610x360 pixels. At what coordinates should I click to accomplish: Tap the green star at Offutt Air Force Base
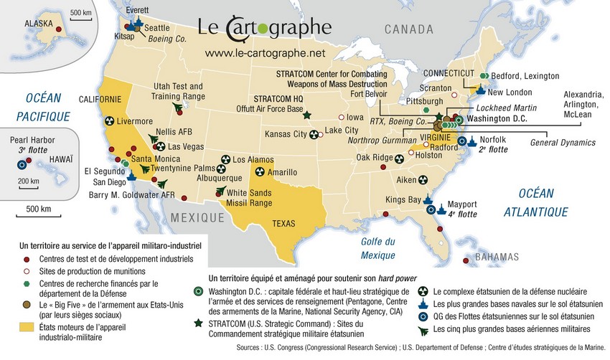click(x=307, y=115)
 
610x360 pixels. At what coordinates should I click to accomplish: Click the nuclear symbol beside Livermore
click(x=110, y=121)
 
